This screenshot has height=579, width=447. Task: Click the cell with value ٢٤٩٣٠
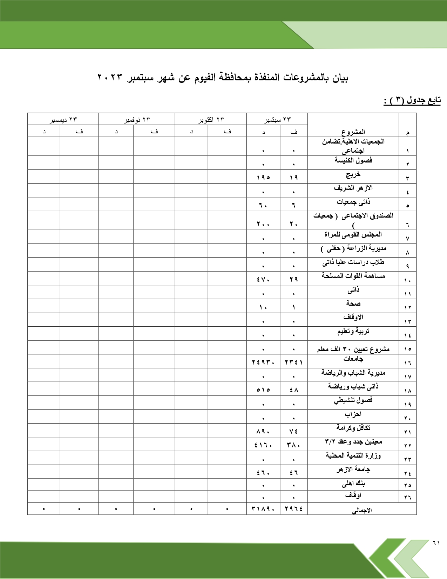[263, 362]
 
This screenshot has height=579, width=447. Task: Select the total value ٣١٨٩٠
[263, 508]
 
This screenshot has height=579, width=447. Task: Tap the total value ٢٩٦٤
[294, 508]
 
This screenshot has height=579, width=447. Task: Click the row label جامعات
[353, 359]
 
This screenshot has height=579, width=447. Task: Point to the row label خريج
[353, 174]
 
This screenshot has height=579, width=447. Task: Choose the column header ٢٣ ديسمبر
[63, 119]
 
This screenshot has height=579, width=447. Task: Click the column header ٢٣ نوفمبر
[137, 119]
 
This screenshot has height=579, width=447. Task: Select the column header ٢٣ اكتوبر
[211, 119]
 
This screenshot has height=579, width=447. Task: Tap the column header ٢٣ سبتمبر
[277, 119]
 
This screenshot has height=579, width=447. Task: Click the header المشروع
[353, 132]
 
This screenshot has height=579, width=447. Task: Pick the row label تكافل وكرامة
[353, 427]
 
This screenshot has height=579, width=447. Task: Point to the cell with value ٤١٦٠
[263, 445]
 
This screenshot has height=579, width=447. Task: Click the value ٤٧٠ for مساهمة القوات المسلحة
[263, 279]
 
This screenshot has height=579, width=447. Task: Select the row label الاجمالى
[362, 510]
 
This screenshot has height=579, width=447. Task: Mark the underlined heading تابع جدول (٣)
[412, 100]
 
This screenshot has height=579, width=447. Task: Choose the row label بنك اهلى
[353, 484]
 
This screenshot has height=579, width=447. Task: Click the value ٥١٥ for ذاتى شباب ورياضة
[263, 390]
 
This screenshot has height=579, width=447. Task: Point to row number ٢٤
[407, 473]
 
